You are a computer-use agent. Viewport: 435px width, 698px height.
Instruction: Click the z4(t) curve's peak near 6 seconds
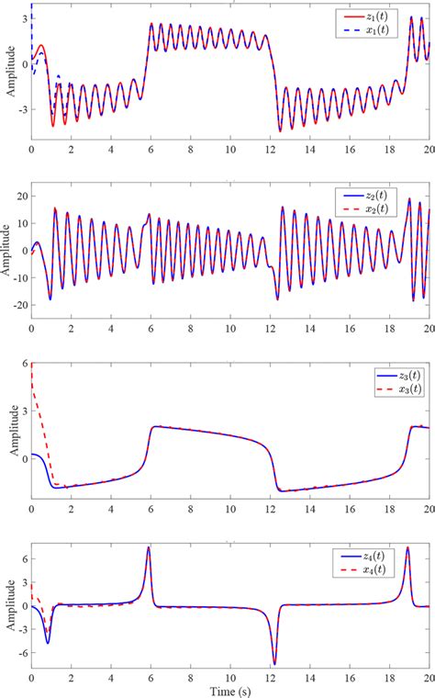[x=149, y=548]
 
